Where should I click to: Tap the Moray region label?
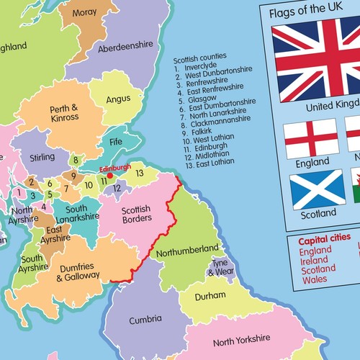click(84, 13)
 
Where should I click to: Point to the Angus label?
click(118, 99)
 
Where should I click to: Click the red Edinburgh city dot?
click(109, 174)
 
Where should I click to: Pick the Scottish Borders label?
click(135, 214)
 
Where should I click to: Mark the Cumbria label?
click(145, 320)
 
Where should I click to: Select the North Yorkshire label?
click(241, 339)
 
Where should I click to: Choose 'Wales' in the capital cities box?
click(314, 279)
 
